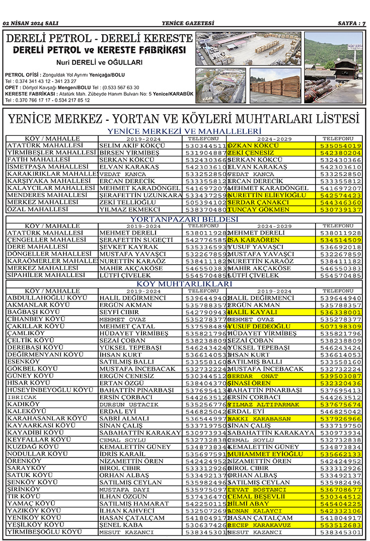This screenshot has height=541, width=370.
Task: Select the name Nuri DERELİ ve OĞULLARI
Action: point(99,62)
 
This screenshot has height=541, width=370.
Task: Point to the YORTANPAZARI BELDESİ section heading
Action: point(184,219)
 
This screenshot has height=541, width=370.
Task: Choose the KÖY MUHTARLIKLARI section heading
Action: point(184,284)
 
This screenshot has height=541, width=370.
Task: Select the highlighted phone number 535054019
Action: point(341,146)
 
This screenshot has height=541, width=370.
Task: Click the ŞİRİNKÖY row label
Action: point(25,489)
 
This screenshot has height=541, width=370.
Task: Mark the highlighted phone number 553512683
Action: point(341,525)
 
